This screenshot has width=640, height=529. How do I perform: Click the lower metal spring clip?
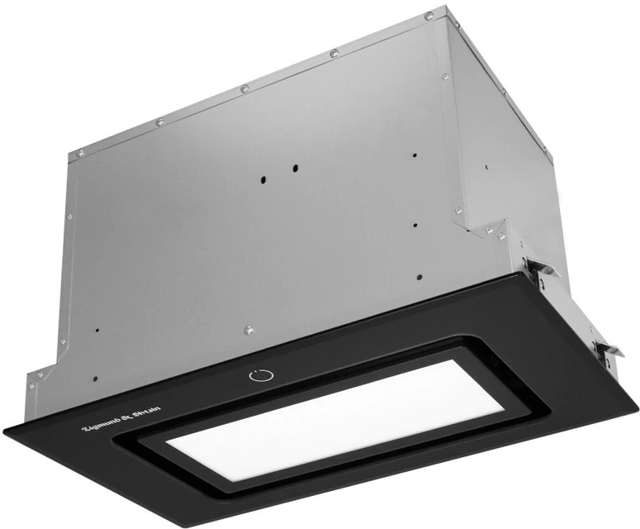pyautogui.click(x=607, y=349)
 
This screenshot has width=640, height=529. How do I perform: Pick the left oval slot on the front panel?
pyautogui.click(x=264, y=179)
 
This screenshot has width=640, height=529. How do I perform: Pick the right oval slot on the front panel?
pyautogui.click(x=295, y=168)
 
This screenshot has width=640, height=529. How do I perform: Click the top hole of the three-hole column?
pyautogui.click(x=415, y=155)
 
